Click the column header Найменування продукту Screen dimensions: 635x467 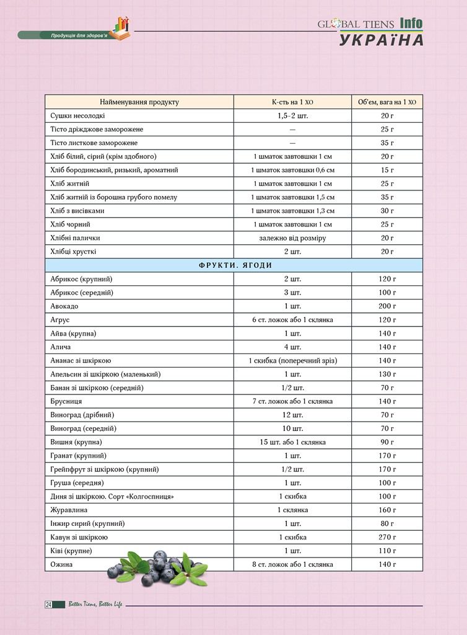[x=139, y=102]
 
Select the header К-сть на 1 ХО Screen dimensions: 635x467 [x=292, y=102]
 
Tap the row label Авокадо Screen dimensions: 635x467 [x=64, y=306]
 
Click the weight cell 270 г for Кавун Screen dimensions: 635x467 [x=387, y=537]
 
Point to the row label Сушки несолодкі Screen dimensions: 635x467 [x=77, y=115]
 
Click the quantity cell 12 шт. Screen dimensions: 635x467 [x=292, y=415]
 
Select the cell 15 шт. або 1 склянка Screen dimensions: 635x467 [x=292, y=442]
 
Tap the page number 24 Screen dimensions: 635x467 [x=48, y=605]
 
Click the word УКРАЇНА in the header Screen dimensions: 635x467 [x=381, y=40]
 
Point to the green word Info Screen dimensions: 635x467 [x=411, y=24]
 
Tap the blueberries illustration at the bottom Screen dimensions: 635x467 [x=158, y=567]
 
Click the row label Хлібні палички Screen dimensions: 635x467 [x=75, y=238]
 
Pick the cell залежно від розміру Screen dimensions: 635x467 [x=292, y=238]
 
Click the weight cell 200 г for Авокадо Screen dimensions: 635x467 [x=387, y=306]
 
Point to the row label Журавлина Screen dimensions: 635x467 [x=69, y=510]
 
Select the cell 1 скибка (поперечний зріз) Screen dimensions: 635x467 [x=292, y=360]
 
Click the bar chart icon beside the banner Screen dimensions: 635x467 [x=120, y=28]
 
